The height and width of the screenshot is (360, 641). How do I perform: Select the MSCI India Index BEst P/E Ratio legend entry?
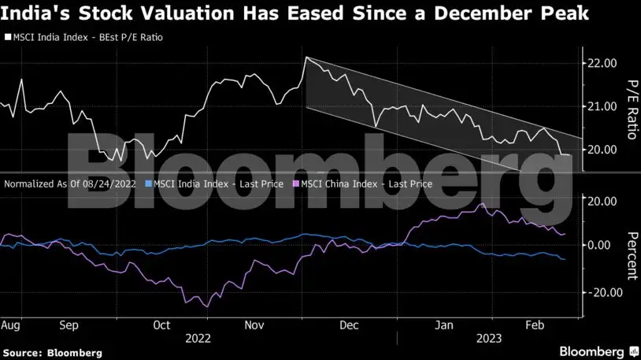(87, 37)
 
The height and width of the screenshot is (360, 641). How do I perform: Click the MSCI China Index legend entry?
(363, 184)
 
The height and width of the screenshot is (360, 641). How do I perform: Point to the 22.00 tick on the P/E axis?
(602, 63)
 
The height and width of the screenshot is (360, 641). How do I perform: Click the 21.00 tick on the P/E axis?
(602, 106)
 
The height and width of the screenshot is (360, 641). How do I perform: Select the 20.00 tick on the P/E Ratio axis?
(602, 150)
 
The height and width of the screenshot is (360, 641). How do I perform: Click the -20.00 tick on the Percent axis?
(600, 291)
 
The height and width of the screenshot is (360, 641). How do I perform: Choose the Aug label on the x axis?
(10, 325)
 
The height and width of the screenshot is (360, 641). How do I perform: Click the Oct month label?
(162, 325)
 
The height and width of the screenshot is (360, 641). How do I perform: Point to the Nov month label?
(254, 325)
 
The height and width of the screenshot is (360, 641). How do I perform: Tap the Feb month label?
(535, 325)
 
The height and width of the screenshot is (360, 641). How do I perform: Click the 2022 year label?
(198, 339)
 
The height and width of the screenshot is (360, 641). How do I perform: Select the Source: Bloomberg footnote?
(52, 353)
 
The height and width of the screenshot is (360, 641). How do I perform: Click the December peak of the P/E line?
(306, 58)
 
